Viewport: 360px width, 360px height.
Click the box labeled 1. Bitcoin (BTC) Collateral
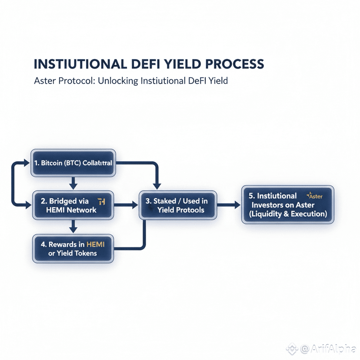click(x=73, y=163)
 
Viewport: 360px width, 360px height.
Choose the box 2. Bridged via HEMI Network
click(x=73, y=205)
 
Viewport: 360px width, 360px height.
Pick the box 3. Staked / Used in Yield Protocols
click(x=177, y=205)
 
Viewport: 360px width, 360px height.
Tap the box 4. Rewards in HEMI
click(x=73, y=248)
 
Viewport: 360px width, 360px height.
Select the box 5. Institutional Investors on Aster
click(x=287, y=205)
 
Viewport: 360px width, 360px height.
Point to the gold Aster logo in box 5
click(x=314, y=196)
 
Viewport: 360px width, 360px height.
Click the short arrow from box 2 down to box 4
click(x=73, y=225)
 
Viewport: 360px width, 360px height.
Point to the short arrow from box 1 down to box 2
click(x=73, y=183)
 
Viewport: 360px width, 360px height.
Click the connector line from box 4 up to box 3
click(x=144, y=235)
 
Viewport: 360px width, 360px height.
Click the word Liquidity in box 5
click(x=270, y=214)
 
